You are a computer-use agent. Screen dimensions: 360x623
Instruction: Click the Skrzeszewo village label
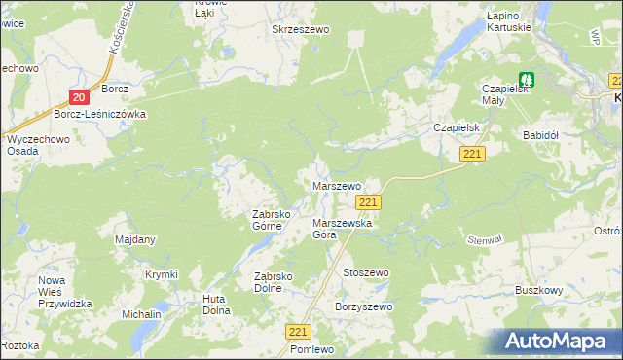pyautogui.click(x=302, y=30)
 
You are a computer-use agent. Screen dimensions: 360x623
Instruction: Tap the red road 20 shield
pyautogui.click(x=80, y=95)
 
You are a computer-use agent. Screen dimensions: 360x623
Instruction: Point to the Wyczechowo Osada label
pyautogui.click(x=33, y=145)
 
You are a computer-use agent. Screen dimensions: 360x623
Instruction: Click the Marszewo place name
pyautogui.click(x=337, y=185)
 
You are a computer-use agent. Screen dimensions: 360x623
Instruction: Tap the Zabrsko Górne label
pyautogui.click(x=267, y=220)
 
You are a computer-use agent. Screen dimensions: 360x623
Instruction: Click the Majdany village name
pyautogui.click(x=135, y=239)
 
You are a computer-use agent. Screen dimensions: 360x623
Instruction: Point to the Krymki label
pyautogui.click(x=162, y=274)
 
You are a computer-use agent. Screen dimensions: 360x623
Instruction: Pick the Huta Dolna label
pyautogui.click(x=215, y=305)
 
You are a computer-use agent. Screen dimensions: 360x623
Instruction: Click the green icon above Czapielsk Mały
pyautogui.click(x=527, y=80)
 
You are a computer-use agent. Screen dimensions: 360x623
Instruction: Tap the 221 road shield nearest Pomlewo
pyautogui.click(x=298, y=332)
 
